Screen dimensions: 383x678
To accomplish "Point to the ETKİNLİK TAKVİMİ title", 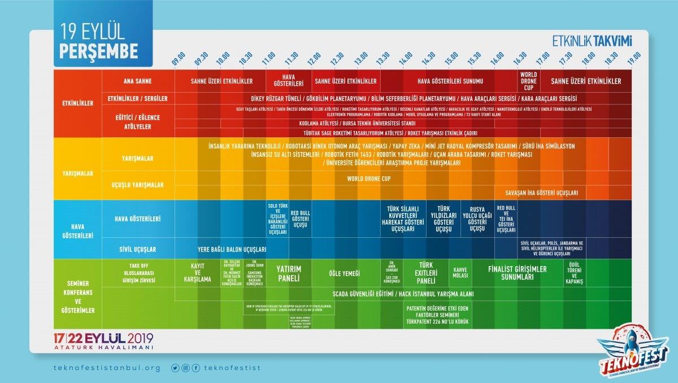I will click(592, 40).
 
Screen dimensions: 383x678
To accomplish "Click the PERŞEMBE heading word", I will click(99, 50).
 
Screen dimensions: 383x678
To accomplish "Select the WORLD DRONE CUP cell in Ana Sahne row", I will click(529, 81).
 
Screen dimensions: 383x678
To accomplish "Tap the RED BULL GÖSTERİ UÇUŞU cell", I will click(300, 219).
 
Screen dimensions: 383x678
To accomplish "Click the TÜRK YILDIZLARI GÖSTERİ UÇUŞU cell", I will click(443, 219).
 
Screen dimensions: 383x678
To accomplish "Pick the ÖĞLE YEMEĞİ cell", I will click(344, 273).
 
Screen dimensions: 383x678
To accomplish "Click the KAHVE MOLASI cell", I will click(460, 273).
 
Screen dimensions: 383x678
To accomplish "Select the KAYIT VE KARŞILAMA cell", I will click(197, 273).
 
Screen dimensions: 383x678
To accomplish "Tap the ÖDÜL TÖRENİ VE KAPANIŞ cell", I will click(575, 273).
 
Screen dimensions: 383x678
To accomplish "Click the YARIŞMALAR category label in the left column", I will click(77, 173).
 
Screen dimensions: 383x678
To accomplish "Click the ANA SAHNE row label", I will click(138, 81).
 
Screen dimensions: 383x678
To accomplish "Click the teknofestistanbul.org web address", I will click(106, 368).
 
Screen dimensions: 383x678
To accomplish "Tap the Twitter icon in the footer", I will click(175, 368).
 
